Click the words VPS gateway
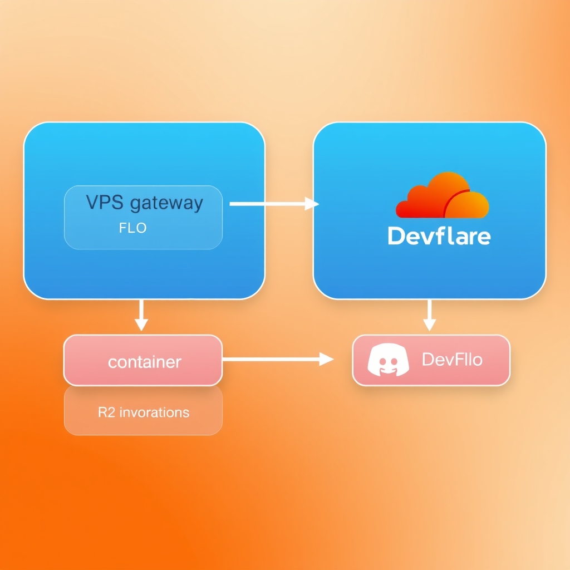click(144, 203)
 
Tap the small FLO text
click(132, 228)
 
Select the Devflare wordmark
click(439, 235)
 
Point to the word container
click(145, 362)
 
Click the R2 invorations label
click(144, 412)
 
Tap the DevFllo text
click(452, 360)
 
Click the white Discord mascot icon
click(388, 360)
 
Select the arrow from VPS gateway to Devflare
click(274, 204)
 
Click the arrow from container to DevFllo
click(278, 359)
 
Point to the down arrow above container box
click(141, 315)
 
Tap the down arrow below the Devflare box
click(430, 315)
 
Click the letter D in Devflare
click(396, 235)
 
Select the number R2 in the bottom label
click(106, 412)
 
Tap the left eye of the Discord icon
click(382, 361)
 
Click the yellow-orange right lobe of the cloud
click(467, 205)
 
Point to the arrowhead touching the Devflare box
click(312, 204)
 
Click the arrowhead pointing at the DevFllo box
click(326, 359)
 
